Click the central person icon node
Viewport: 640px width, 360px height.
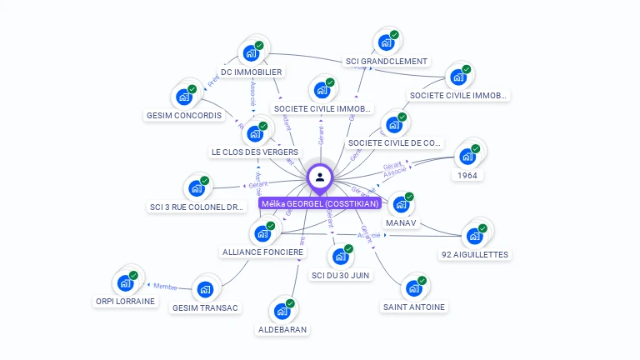(x=320, y=177)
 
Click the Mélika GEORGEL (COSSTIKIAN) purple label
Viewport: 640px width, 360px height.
(x=320, y=203)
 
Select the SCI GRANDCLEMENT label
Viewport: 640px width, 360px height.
(x=387, y=61)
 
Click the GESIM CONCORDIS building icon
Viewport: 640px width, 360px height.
(x=184, y=97)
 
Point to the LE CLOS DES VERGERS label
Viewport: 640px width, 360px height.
(x=254, y=152)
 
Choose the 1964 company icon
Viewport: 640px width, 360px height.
(x=467, y=157)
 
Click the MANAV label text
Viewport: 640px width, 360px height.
(x=401, y=223)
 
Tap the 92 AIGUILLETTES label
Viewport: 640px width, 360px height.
(x=474, y=254)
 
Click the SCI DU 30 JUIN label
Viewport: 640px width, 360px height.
(x=340, y=275)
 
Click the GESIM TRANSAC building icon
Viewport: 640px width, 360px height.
(x=204, y=289)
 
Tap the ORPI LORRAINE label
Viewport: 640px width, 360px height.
(x=126, y=302)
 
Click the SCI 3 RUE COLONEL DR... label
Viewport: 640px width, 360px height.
(x=197, y=207)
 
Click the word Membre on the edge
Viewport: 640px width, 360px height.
(x=165, y=287)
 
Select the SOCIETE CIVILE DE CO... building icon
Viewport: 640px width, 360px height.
(x=393, y=124)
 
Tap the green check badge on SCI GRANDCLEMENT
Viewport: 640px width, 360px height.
(x=394, y=35)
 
